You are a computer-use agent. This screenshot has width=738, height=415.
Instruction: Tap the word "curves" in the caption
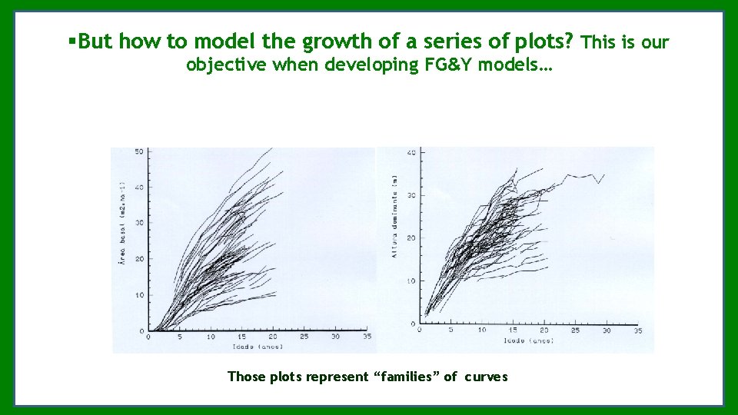486,377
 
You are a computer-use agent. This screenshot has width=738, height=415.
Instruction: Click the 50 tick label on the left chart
138,151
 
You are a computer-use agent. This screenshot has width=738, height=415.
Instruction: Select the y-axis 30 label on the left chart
138,223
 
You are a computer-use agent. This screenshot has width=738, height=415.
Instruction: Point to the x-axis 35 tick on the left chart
367,337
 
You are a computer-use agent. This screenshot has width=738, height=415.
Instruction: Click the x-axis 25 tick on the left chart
304,337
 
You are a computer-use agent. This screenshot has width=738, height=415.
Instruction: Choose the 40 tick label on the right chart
411,153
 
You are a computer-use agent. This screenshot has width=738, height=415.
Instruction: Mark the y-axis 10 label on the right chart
411,281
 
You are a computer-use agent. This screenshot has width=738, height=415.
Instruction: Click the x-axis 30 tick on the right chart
607,330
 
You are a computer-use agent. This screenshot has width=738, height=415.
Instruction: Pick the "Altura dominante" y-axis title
395,216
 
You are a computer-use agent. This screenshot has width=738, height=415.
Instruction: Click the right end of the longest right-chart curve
604,175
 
